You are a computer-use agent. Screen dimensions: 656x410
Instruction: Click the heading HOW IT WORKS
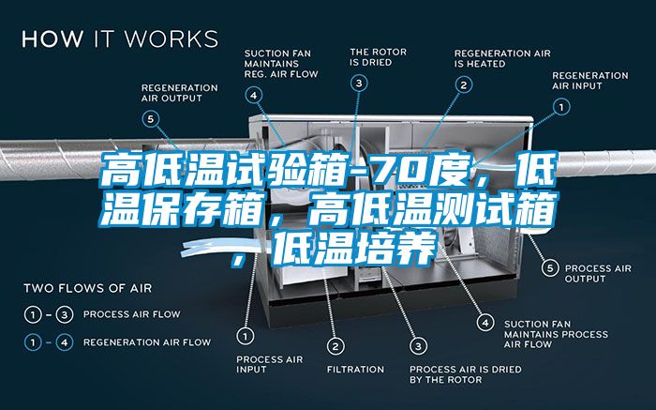[120, 38]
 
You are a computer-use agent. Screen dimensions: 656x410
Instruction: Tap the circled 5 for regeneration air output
[151, 119]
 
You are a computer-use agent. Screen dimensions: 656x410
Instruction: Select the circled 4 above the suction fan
[254, 96]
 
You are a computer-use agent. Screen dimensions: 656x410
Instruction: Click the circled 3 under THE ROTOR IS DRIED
[359, 84]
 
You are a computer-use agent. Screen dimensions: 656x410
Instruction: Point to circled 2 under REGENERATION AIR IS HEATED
[464, 85]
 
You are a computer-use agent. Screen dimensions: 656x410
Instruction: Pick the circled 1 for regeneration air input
[561, 107]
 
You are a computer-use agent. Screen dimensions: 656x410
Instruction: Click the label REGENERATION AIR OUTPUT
[180, 93]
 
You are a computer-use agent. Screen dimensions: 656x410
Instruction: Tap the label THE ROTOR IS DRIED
[379, 57]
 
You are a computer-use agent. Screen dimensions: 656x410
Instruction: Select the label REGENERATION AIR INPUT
[589, 81]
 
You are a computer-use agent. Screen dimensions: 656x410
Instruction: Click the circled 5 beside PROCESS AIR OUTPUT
[550, 268]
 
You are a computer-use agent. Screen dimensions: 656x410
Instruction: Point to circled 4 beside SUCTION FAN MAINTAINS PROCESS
[485, 323]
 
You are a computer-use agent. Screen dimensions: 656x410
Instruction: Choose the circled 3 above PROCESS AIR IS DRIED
[418, 346]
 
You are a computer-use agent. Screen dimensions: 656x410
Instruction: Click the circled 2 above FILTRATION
[335, 346]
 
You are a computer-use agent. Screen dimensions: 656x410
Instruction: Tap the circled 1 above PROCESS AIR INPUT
[246, 336]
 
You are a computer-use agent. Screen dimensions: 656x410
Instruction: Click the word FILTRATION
[355, 370]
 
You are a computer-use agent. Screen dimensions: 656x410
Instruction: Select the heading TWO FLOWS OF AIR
[88, 288]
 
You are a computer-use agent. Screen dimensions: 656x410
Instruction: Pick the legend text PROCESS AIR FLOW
[132, 314]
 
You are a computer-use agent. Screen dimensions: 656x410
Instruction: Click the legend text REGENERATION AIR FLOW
[147, 342]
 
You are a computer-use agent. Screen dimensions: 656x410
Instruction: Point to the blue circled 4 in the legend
[65, 343]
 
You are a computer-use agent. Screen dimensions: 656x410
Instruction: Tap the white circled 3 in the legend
[65, 314]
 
